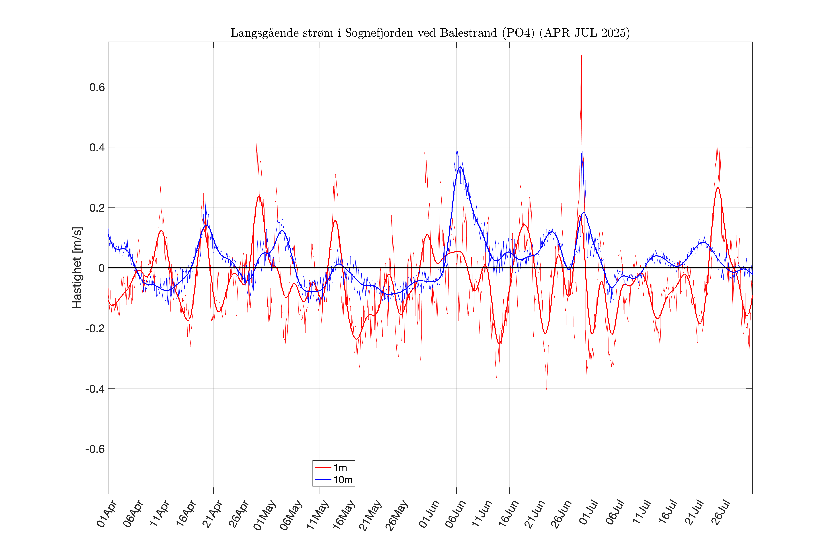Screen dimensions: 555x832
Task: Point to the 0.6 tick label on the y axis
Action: [97, 87]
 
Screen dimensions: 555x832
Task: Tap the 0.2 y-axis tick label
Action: [97, 208]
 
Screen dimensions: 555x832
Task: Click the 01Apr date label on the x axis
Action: [106, 514]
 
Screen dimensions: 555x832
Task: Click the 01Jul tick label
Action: [589, 514]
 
